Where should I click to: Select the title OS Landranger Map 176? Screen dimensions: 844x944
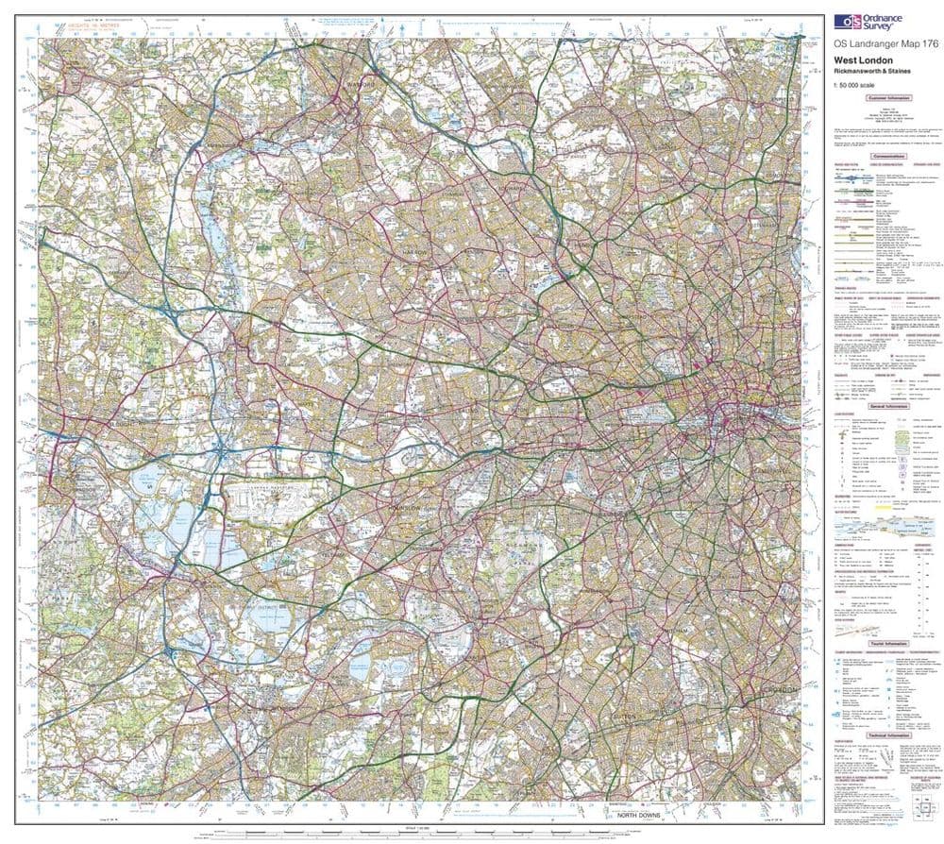872,44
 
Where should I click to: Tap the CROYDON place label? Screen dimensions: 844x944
774,692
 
